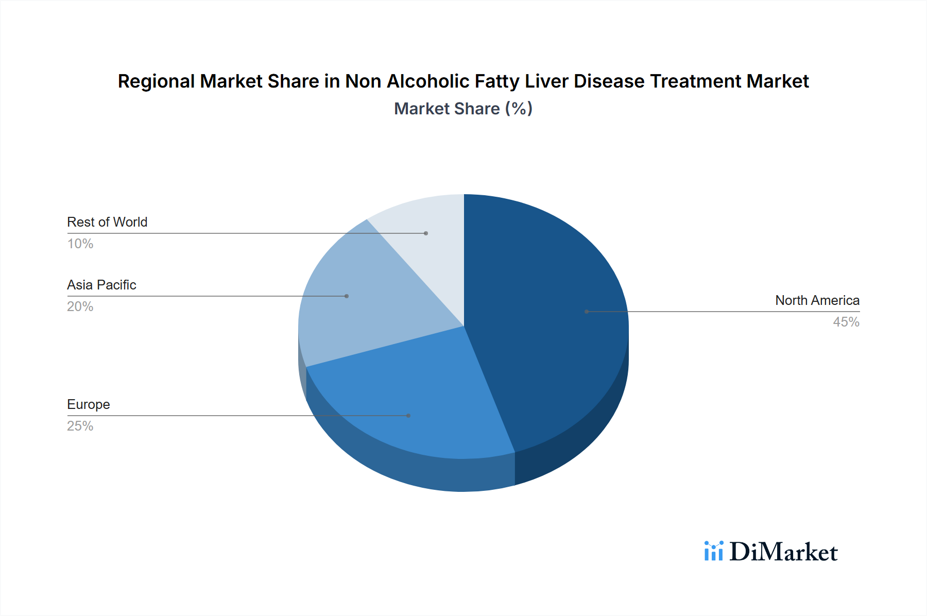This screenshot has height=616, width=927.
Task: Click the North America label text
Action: tap(817, 300)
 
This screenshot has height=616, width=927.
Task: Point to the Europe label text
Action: tap(89, 404)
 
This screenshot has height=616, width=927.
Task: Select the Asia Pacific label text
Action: tap(101, 285)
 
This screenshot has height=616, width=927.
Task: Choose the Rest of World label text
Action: tap(107, 222)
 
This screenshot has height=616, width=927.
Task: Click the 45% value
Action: tap(846, 322)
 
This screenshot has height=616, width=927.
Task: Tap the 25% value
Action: tap(80, 426)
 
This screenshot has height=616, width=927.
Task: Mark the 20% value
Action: tap(80, 306)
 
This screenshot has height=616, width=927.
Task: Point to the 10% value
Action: tap(80, 244)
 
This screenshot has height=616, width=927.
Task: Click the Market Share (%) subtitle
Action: tap(463, 109)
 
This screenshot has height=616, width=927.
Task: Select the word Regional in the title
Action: tap(157, 81)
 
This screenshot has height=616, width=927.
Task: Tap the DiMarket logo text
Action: tap(783, 552)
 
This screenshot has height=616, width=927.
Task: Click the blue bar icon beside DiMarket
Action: tap(713, 551)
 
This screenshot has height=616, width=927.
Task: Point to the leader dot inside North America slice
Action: tap(587, 312)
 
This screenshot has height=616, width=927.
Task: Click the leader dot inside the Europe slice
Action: tap(408, 416)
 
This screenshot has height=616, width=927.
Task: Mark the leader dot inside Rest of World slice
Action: tap(426, 233)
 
